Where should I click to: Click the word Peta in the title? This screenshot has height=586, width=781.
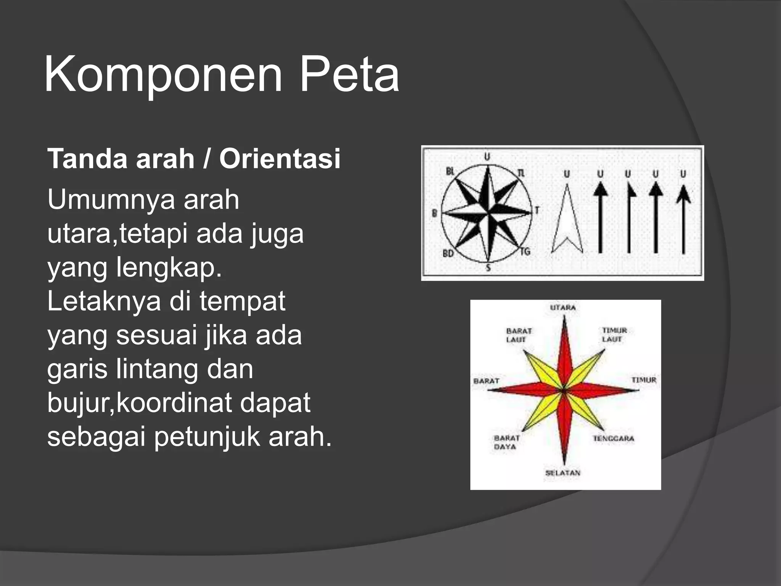[x=349, y=74]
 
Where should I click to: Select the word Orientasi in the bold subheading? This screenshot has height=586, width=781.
[x=280, y=159]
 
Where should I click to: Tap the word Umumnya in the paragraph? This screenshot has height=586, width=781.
[x=111, y=200]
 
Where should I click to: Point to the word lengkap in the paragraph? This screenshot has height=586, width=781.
[x=169, y=267]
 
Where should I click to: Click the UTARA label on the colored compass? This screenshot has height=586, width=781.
[x=563, y=307]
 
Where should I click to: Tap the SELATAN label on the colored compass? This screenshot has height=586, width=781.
[x=563, y=473]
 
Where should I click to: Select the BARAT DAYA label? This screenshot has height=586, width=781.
[x=506, y=443]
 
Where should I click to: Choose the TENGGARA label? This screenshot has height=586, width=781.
[x=613, y=439]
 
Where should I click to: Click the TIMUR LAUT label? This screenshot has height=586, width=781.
[x=614, y=335]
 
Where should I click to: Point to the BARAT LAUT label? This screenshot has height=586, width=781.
[x=518, y=335]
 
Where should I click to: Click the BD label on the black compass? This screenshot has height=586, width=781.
[x=448, y=253]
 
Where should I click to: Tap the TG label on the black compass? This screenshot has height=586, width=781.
[x=525, y=251]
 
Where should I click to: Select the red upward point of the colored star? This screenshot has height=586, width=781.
[x=564, y=351]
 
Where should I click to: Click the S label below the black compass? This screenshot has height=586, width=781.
[x=488, y=268]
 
